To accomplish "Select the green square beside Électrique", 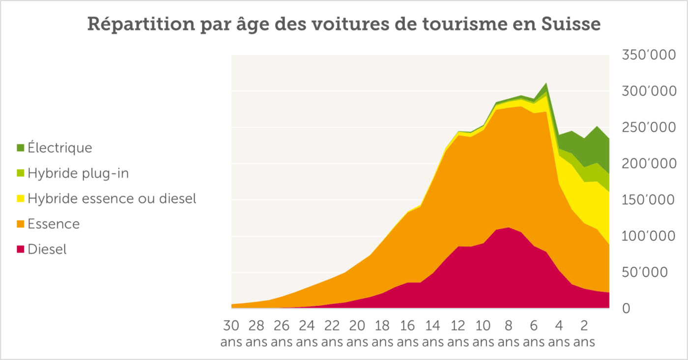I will [x=21, y=148].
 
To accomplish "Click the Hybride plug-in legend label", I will [x=78, y=173].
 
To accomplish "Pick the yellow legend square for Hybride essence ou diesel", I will [x=21, y=199].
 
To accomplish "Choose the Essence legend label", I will [x=54, y=224].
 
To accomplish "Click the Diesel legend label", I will [x=47, y=249].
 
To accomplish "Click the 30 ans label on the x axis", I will [x=231, y=333].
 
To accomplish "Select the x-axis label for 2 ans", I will [x=584, y=333].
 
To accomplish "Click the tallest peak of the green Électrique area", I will [x=545, y=84].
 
